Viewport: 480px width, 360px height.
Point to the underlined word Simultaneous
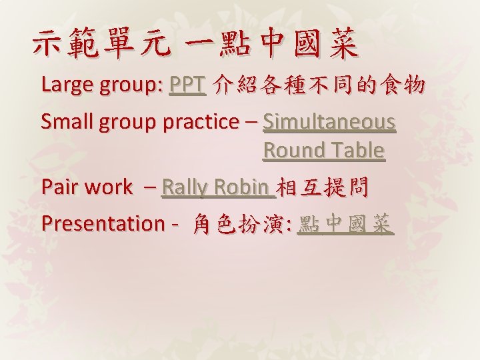[x=329, y=122]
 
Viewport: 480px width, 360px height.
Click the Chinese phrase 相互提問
[x=322, y=187]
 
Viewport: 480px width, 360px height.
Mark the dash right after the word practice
[x=251, y=123]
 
